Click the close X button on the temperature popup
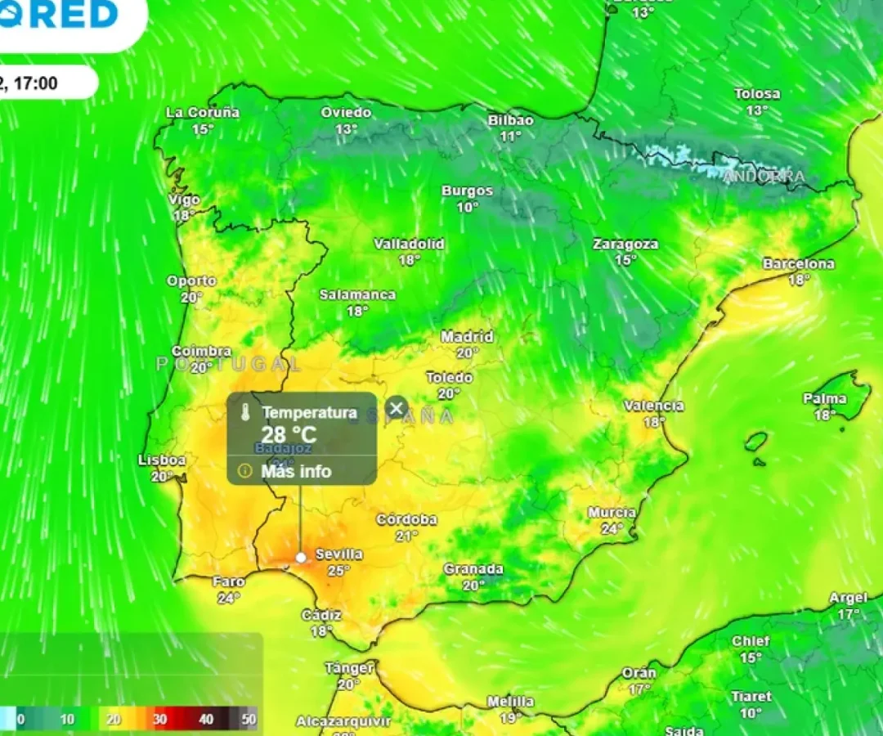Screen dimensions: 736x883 click(x=397, y=408)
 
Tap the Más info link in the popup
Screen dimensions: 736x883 click(x=296, y=471)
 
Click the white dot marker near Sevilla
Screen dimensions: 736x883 click(x=301, y=557)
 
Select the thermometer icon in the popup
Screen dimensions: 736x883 click(x=244, y=414)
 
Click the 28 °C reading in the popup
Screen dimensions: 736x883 click(x=289, y=434)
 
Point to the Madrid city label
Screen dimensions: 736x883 click(x=467, y=337)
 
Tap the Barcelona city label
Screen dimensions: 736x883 click(x=799, y=264)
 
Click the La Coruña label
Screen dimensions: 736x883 click(x=203, y=113)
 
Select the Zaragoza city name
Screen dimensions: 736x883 click(x=625, y=244)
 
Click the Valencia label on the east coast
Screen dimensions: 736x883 click(x=653, y=406)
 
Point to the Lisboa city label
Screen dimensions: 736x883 click(x=162, y=460)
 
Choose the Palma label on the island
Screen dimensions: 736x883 click(x=825, y=399)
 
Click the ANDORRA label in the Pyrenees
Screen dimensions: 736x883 click(x=764, y=177)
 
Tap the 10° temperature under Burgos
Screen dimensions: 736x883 click(x=468, y=208)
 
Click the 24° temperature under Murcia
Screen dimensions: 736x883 click(x=612, y=529)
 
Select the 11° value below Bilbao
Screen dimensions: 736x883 click(x=511, y=137)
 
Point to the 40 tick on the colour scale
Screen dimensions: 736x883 click(x=206, y=720)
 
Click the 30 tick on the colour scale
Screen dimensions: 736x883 click(x=159, y=720)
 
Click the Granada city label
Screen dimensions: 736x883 click(x=473, y=569)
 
